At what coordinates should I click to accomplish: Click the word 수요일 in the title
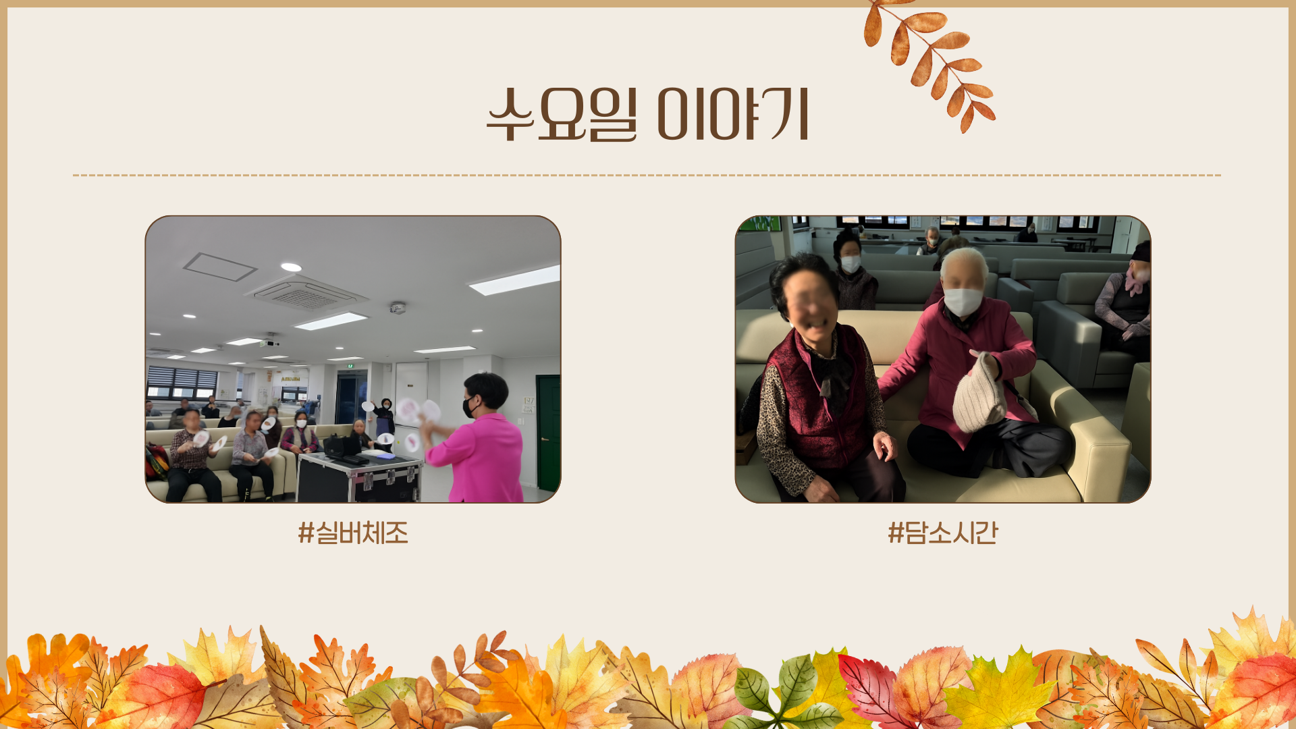562,115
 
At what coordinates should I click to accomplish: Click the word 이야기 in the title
733,115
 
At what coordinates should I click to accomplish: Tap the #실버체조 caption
353,533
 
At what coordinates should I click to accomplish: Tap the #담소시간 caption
943,533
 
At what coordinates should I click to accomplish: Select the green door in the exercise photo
547,433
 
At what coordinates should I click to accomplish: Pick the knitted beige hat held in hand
979,393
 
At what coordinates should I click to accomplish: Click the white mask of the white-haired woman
963,301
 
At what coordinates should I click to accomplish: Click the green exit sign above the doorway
350,366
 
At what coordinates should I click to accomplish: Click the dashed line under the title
647,175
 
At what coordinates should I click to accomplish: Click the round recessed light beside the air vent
291,267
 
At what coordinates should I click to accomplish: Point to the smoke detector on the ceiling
398,308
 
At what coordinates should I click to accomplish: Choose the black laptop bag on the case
343,447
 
